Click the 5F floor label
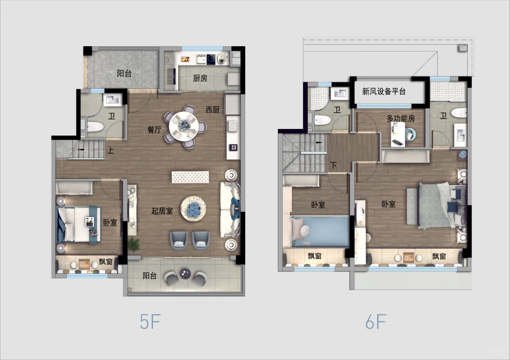[x=150, y=321]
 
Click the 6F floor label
[x=376, y=321]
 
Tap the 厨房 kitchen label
[x=200, y=79]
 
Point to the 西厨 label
[x=213, y=110]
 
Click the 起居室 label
[x=162, y=211]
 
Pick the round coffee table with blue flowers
[x=193, y=209]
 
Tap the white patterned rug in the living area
[x=190, y=177]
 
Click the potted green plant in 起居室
[x=134, y=244]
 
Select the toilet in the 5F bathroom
[x=95, y=127]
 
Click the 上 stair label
[x=110, y=150]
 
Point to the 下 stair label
[x=333, y=165]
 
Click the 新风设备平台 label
[x=384, y=91]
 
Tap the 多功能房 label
[x=401, y=118]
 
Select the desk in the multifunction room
[x=398, y=134]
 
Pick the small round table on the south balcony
[x=185, y=274]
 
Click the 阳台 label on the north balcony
[x=124, y=74]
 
